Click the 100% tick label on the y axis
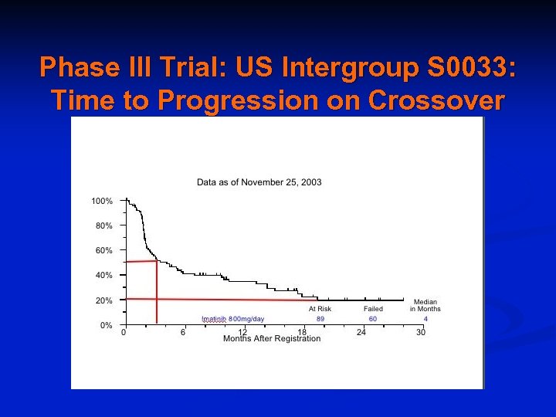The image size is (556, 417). click(102, 201)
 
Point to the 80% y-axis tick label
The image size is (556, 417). click(103, 225)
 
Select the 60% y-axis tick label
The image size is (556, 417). click(103, 250)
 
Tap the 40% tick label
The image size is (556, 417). click(103, 275)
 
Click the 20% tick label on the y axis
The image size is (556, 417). click(103, 300)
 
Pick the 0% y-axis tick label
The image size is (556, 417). click(106, 325)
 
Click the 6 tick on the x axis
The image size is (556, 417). click(183, 333)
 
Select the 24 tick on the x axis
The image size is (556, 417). click(361, 333)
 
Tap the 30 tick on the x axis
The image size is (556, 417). click(421, 333)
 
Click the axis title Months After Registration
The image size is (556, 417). click(272, 339)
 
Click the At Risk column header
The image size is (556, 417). click(320, 309)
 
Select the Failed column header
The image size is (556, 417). click(373, 309)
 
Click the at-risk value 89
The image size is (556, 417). click(320, 318)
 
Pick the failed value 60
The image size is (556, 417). click(373, 318)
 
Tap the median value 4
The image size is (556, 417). click(425, 318)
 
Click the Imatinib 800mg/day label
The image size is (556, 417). click(232, 318)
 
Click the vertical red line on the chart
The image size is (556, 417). click(157, 293)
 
